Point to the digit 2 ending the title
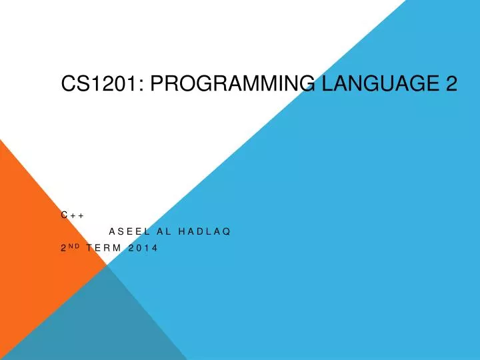[451, 83]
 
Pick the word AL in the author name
[164, 232]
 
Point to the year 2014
[143, 249]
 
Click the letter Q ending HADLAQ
[227, 232]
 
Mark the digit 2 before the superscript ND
[63, 249]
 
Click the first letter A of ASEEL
[112, 232]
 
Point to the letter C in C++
[64, 215]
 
